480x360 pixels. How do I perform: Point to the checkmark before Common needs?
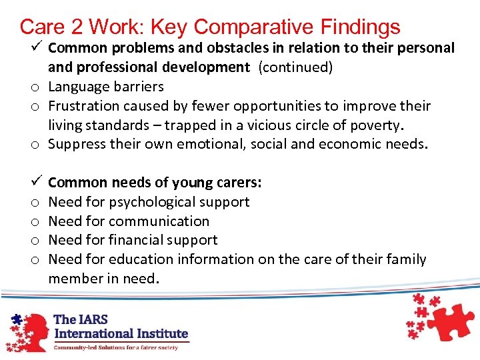(37, 182)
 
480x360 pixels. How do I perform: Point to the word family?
(405, 259)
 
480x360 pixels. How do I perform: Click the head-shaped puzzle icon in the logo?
(27, 330)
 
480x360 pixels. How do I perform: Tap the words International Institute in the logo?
(121, 333)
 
